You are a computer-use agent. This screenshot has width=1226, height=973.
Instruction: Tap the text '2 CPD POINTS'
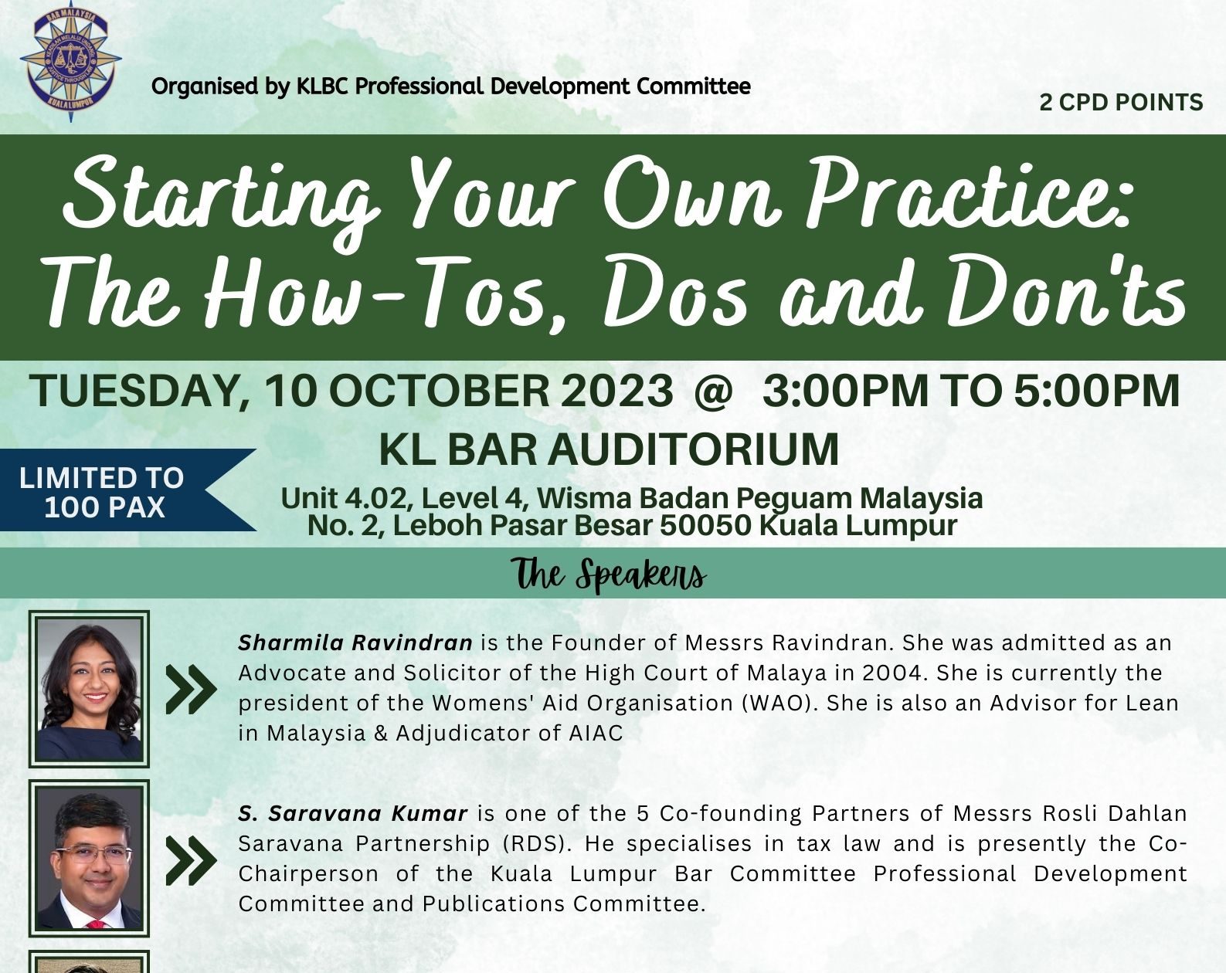click(x=1121, y=103)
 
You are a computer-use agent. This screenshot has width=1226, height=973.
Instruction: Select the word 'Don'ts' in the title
click(x=1065, y=293)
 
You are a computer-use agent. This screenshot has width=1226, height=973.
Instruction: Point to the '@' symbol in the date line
click(x=713, y=392)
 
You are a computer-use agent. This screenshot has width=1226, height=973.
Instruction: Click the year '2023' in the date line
click(x=617, y=391)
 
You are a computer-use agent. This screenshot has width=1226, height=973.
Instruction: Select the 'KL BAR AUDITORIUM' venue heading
click(x=609, y=449)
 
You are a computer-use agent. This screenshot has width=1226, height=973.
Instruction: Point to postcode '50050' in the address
click(x=705, y=525)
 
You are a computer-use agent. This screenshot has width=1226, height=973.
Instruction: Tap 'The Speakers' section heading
click(x=609, y=575)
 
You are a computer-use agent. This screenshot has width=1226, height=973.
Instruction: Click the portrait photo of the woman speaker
click(x=89, y=690)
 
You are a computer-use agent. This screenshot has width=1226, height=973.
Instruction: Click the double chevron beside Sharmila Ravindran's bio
click(x=191, y=690)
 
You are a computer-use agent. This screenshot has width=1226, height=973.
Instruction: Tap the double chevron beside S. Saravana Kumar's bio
click(x=191, y=860)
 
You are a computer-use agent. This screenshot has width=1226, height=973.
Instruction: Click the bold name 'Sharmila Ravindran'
click(x=355, y=643)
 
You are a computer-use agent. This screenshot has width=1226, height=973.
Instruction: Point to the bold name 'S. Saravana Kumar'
click(x=352, y=813)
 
